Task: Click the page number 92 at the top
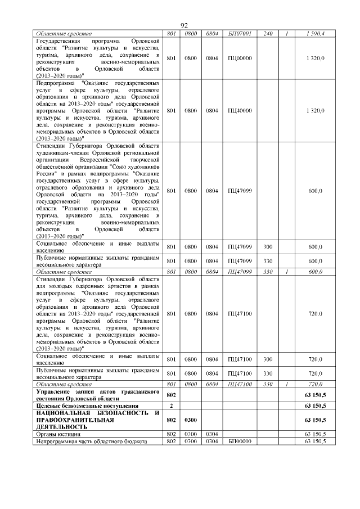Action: (183, 26)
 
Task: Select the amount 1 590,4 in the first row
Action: (314, 34)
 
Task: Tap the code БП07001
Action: (239, 34)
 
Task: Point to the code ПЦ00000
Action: (239, 58)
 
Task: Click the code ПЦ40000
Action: (239, 110)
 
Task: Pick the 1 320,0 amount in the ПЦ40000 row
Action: (314, 110)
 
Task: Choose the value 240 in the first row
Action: (268, 34)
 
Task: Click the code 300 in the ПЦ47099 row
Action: (268, 247)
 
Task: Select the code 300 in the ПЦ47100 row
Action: (268, 359)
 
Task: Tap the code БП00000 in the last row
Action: (239, 442)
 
